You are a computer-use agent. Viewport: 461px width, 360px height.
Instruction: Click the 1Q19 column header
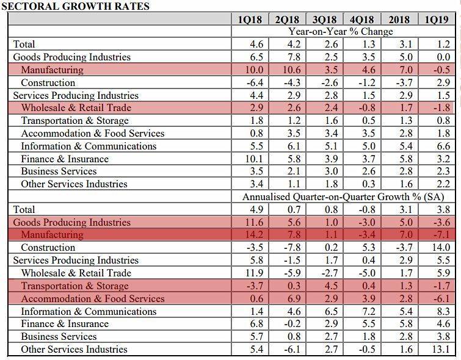click(437, 20)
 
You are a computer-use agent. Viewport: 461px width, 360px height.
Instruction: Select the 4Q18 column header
click(361, 20)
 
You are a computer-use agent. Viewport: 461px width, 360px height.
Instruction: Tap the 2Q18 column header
click(287, 20)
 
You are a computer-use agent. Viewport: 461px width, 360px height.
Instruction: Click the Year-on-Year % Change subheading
click(341, 32)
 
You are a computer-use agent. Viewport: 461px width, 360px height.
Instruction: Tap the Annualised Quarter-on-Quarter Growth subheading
click(343, 197)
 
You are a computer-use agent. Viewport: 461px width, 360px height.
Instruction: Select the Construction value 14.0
click(440, 248)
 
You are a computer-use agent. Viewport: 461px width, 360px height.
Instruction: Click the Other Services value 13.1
click(440, 350)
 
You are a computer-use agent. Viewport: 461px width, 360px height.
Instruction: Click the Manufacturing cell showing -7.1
click(439, 235)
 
